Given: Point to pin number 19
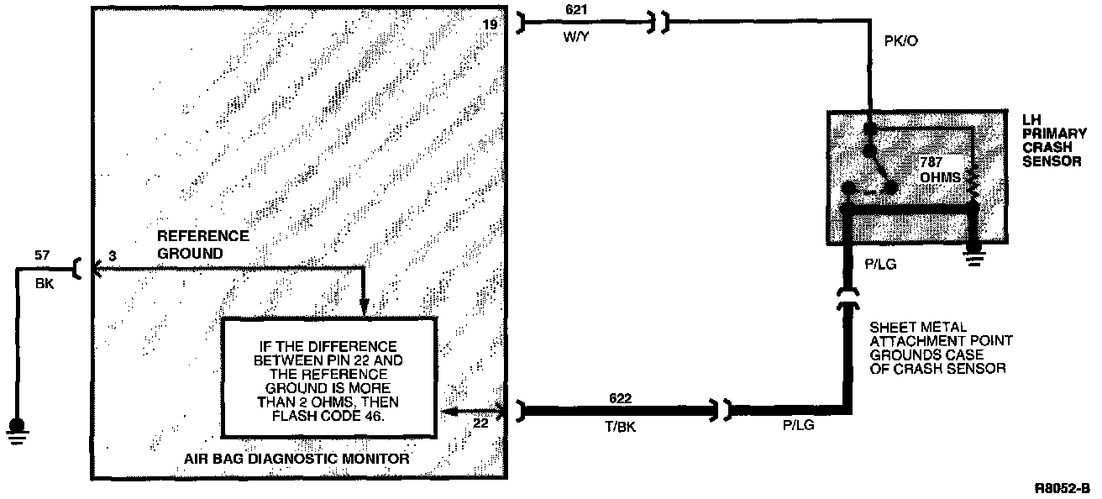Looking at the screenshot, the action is (x=490, y=25).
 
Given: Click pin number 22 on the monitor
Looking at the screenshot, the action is (x=480, y=424).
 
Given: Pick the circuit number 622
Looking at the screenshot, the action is (x=620, y=398).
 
